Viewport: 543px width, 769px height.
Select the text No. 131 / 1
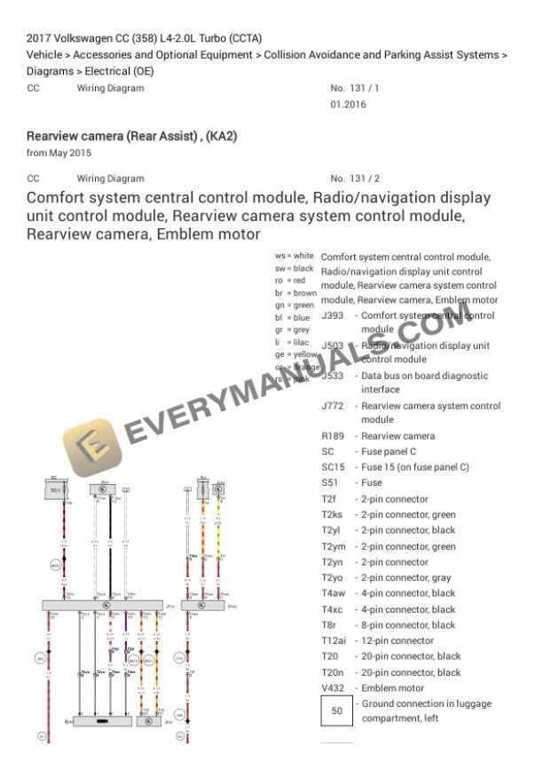pyautogui.click(x=355, y=89)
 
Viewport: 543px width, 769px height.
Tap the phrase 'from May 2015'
pyautogui.click(x=59, y=154)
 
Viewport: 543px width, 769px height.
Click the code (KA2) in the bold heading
pyautogui.click(x=221, y=137)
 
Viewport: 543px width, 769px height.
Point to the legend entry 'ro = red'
pyautogui.click(x=289, y=281)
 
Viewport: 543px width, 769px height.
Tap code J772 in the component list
pyautogui.click(x=332, y=406)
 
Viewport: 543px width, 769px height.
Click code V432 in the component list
pyautogui.click(x=335, y=688)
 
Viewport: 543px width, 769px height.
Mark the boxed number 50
pyautogui.click(x=336, y=711)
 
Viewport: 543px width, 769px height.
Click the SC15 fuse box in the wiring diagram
pyautogui.click(x=55, y=489)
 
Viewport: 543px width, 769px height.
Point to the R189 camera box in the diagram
pyautogui.click(x=102, y=721)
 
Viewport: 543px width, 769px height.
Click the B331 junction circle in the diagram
pyautogui.click(x=56, y=566)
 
